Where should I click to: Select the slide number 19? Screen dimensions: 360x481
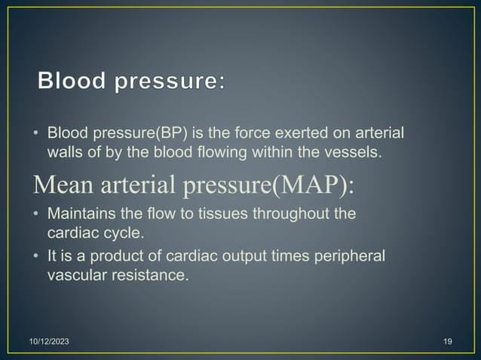coord(447,343)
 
